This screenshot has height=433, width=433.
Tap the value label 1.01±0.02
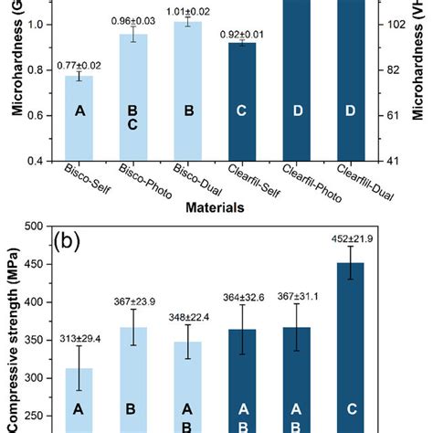[188, 10]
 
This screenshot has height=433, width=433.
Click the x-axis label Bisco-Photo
[137, 179]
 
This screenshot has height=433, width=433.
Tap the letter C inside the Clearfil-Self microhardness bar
[242, 111]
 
